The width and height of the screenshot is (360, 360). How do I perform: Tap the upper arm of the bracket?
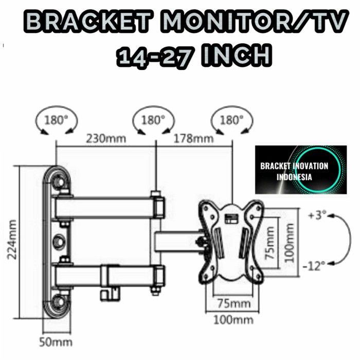click(x=108, y=207)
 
